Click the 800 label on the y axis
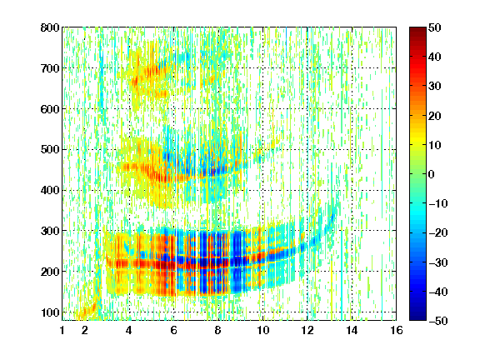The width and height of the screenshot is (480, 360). [x=50, y=27]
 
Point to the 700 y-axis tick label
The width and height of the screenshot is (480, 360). [x=50, y=68]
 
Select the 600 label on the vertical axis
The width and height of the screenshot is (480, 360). [x=50, y=109]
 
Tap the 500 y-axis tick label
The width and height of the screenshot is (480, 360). [x=50, y=150]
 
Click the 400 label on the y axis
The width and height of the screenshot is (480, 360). [x=50, y=190]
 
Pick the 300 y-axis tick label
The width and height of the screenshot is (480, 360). [x=50, y=231]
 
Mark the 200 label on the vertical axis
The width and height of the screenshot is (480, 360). [x=50, y=272]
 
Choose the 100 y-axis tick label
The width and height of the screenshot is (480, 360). [x=50, y=312]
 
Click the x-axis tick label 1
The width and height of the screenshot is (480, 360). [x=62, y=330]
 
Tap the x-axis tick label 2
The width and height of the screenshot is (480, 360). [x=85, y=330]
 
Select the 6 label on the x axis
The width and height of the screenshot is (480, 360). [x=173, y=330]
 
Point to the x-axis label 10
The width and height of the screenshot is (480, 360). [x=262, y=330]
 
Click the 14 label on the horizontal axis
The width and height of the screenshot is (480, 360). [x=352, y=330]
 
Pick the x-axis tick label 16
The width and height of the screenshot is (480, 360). [x=397, y=330]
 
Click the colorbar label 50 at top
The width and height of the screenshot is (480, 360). [x=434, y=27]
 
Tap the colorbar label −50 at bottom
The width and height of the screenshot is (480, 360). [x=438, y=321]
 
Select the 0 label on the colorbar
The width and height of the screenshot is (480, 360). [x=432, y=174]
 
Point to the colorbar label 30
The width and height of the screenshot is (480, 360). [x=434, y=86]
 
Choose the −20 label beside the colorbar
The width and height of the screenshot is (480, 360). [x=438, y=232]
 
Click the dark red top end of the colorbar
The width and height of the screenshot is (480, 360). [x=417, y=29]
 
